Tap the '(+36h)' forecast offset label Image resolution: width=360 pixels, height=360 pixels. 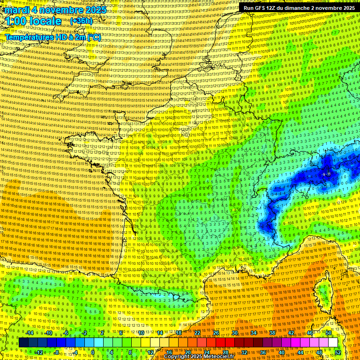tap(81, 21)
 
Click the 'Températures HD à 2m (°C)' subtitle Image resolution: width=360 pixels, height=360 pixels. tap(52, 37)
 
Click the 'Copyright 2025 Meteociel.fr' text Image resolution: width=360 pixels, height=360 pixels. tap(199, 356)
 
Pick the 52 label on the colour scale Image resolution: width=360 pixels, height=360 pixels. tap(338, 352)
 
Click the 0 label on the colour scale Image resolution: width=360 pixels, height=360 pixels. tap(93, 352)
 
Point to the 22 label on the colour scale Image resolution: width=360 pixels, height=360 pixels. tap(197, 333)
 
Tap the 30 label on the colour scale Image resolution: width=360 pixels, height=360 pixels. tap(235, 333)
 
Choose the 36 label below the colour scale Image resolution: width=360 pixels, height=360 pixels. tap(262, 352)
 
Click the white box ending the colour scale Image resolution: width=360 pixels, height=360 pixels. tap(333, 342)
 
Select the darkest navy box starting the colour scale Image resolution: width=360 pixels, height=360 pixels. tap(23, 342)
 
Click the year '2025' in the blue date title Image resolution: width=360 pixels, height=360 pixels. tap(92, 10)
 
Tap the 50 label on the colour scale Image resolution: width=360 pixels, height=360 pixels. tap(328, 333)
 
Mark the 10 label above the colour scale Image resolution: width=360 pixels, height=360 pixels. tap(141, 333)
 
